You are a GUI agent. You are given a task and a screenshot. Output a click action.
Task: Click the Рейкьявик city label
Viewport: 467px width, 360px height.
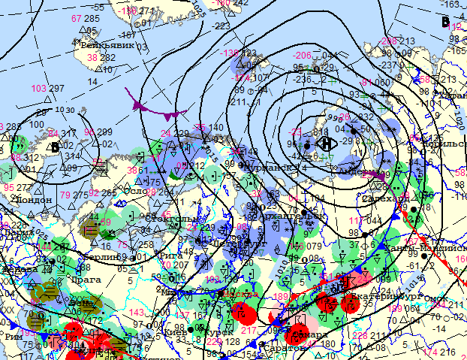point(107,44)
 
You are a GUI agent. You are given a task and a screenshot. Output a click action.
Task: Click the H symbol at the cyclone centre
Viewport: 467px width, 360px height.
point(325,142)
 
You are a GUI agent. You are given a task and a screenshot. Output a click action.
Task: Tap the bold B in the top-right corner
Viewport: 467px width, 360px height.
point(446,21)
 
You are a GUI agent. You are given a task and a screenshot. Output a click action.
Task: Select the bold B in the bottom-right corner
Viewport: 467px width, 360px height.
point(447,351)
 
